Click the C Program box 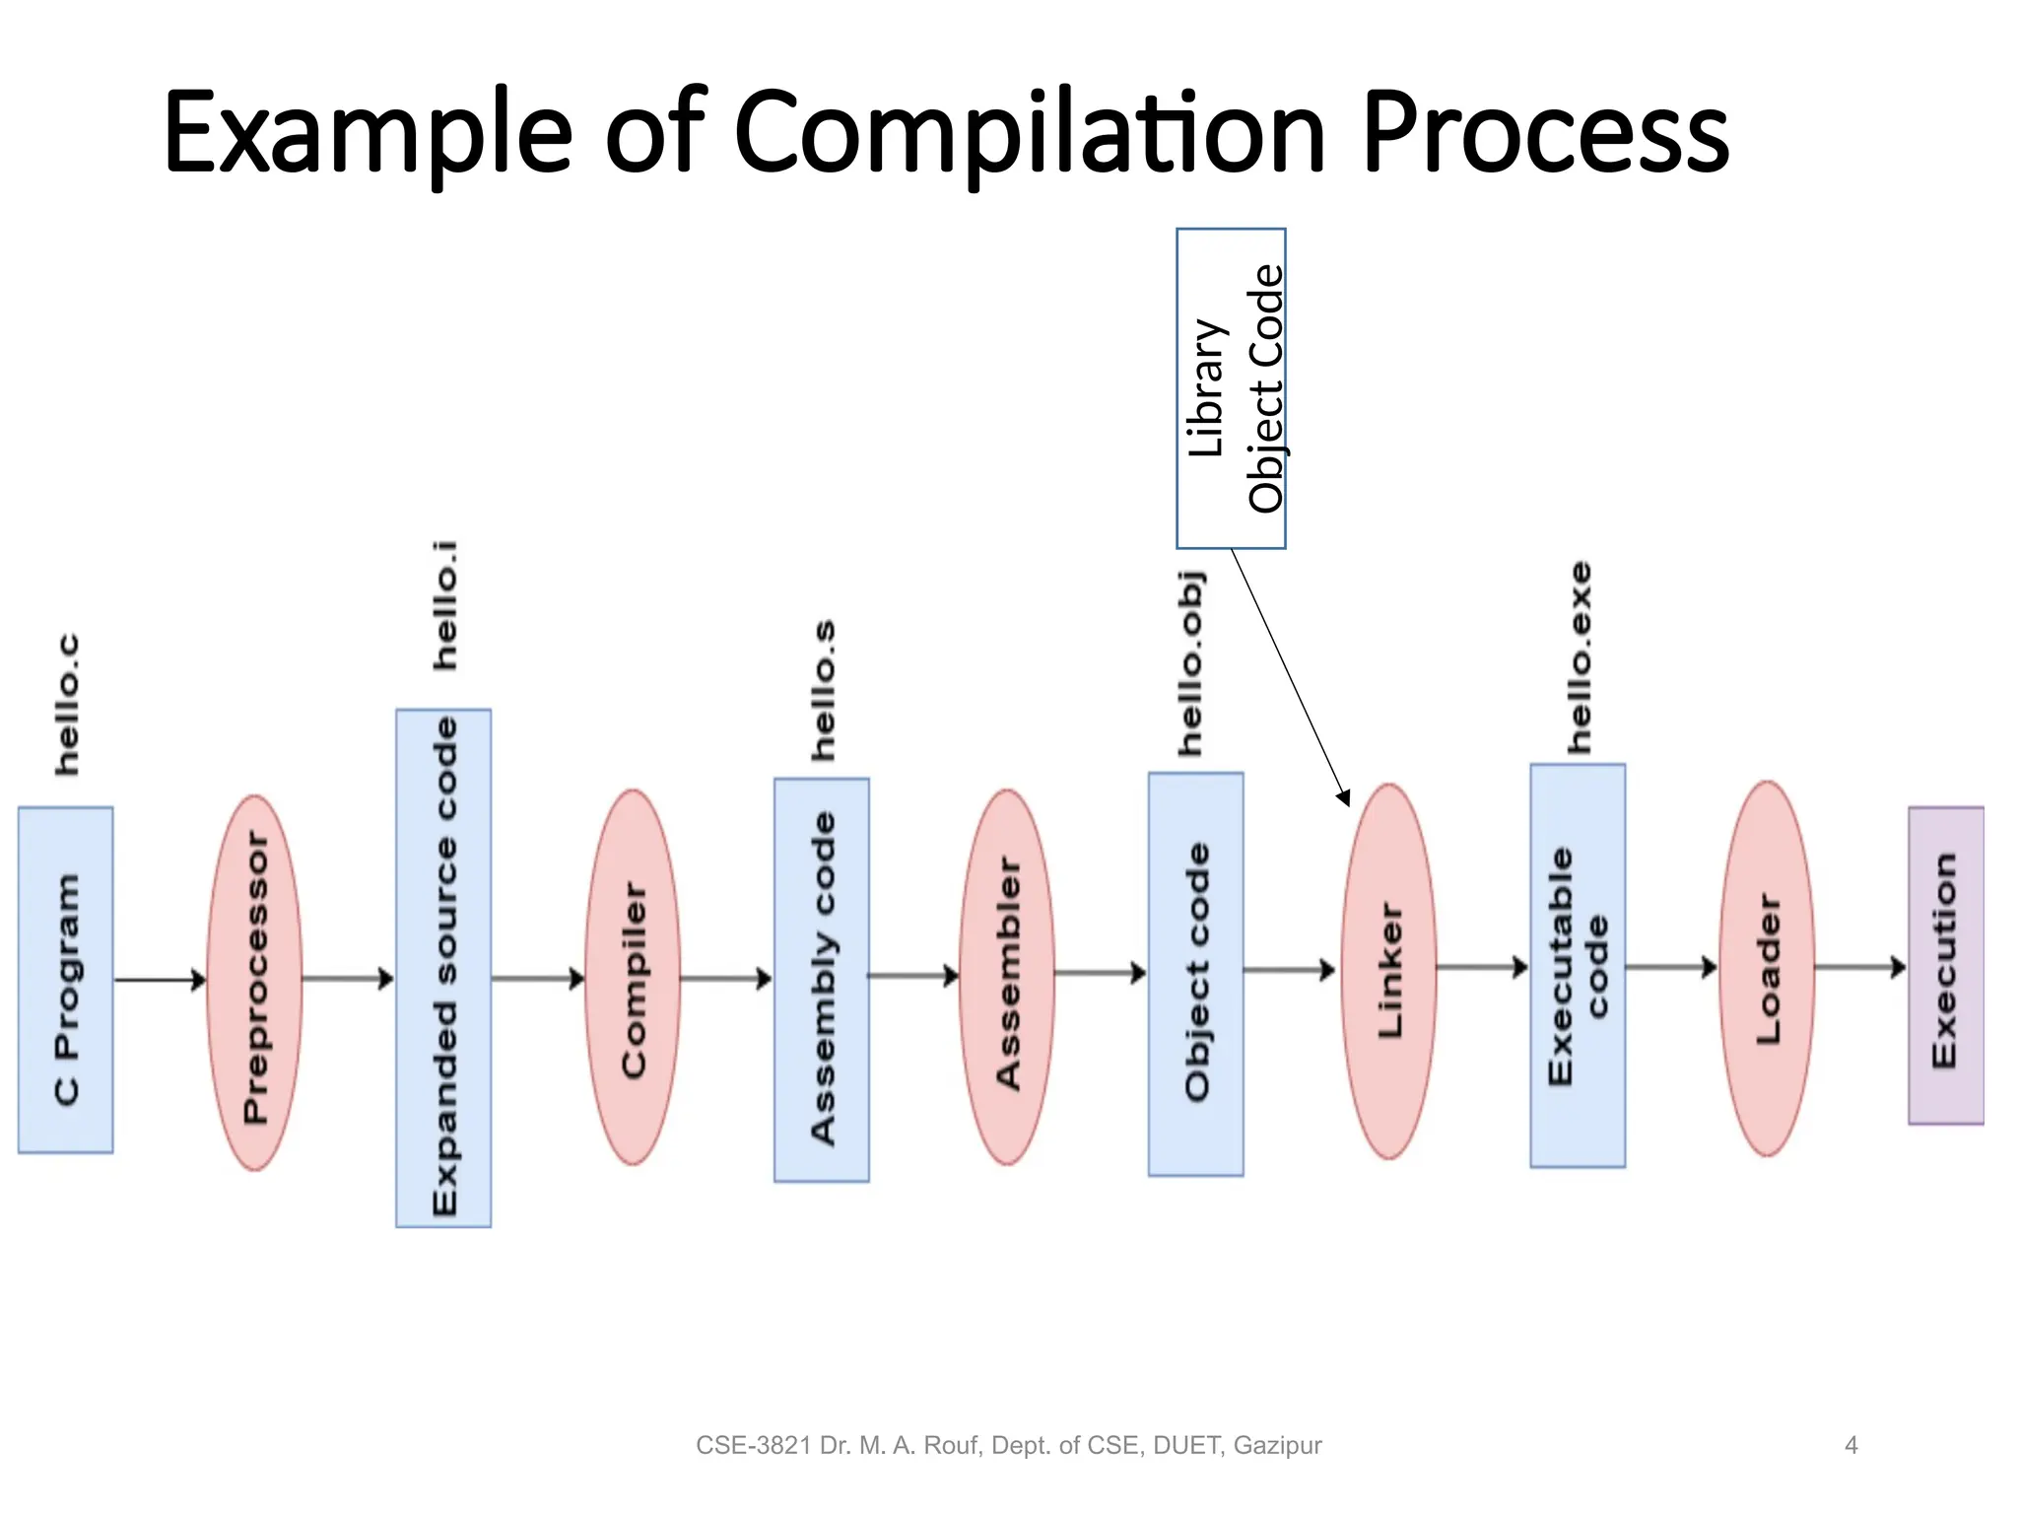click(65, 980)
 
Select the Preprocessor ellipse click(254, 983)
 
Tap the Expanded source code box click(443, 968)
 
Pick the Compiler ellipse click(633, 977)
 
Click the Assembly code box click(822, 980)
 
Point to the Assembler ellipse click(1007, 976)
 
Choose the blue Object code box click(1195, 974)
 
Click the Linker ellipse click(1388, 971)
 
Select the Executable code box click(1578, 966)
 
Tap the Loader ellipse click(1767, 968)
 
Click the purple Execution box click(1945, 965)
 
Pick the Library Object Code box click(1231, 388)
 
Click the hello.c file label click(66, 704)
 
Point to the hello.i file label click(444, 605)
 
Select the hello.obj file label click(1190, 662)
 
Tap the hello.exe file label click(1579, 657)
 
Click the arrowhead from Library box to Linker click(1344, 796)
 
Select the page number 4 click(1850, 1445)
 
